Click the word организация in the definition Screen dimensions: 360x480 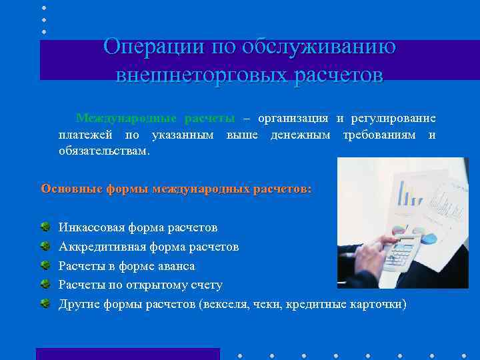(292, 119)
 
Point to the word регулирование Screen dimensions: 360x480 (393, 119)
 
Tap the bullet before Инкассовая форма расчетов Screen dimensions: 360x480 (45, 228)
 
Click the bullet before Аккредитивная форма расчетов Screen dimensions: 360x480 (45, 247)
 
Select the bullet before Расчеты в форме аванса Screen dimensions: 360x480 (45, 266)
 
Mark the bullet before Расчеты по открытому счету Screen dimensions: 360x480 (45, 285)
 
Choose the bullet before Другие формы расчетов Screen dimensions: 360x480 (45, 304)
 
